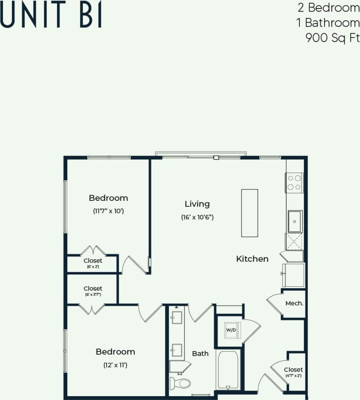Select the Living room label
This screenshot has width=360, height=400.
point(197,204)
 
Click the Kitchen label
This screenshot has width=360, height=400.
point(252,259)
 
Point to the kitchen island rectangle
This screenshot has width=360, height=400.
point(249,213)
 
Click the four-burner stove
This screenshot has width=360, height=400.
point(294,183)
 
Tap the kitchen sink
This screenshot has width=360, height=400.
point(295,221)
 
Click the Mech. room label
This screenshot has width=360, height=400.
point(294,303)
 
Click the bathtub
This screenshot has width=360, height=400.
point(228,369)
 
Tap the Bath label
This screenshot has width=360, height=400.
point(200,353)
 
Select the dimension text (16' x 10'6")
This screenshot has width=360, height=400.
point(197,217)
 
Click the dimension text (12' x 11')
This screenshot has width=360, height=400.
point(115,365)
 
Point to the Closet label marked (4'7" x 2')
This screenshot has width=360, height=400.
point(294,369)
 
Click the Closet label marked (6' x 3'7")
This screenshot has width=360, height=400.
point(92,289)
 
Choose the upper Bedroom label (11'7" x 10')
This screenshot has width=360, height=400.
point(108,198)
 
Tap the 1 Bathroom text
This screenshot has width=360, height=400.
point(328,23)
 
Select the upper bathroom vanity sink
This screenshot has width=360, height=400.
point(176,318)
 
